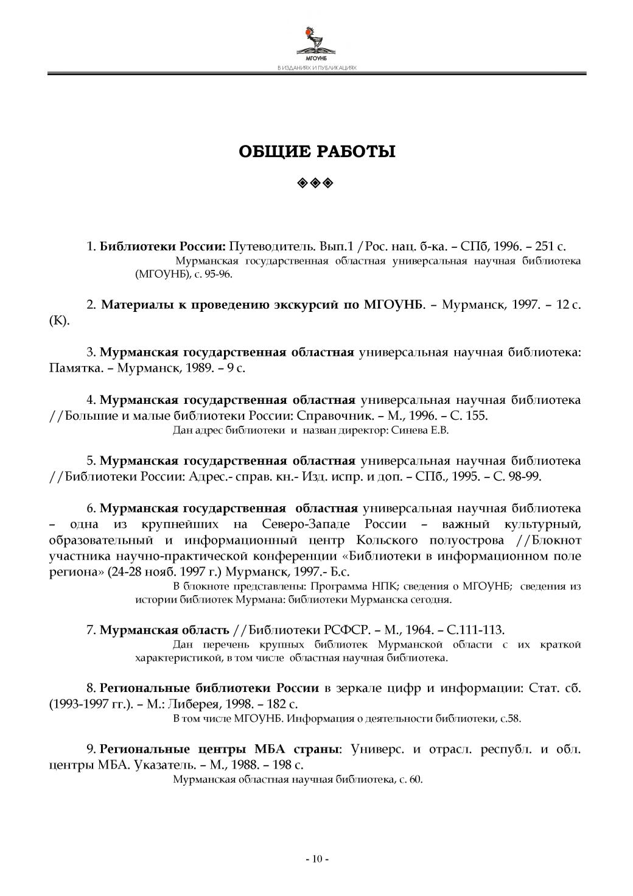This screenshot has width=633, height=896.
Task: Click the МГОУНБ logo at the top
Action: click(x=316, y=43)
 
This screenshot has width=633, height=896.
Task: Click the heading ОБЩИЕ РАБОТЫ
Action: click(x=316, y=151)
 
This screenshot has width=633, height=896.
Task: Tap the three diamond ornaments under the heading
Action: click(x=316, y=182)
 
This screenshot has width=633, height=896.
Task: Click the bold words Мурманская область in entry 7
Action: click(x=164, y=629)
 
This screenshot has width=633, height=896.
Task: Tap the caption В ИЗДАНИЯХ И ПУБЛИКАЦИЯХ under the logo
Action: click(x=316, y=68)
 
